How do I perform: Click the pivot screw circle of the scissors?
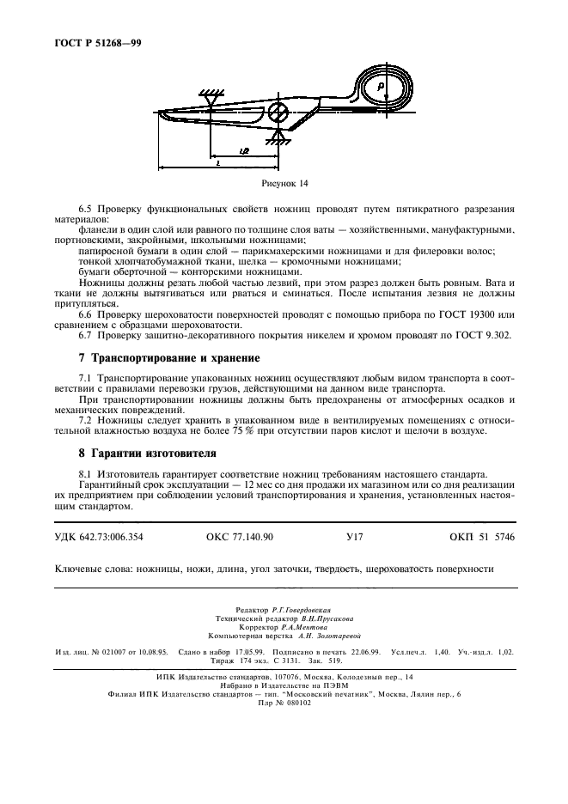point(277,113)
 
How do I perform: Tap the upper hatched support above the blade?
point(209,92)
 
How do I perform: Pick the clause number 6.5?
point(86,208)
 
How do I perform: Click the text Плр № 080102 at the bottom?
point(284,702)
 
